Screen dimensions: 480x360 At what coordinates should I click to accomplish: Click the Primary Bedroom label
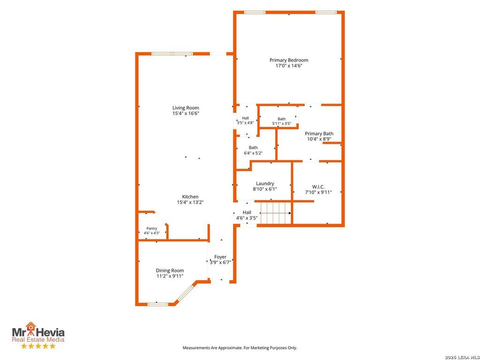pos(289,60)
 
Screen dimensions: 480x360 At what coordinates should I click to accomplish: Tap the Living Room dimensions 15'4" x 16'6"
pos(186,113)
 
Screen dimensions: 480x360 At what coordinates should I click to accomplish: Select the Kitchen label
pos(190,196)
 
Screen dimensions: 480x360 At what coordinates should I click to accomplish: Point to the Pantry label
pos(151,228)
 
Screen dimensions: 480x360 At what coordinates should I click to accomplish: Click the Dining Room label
pos(170,270)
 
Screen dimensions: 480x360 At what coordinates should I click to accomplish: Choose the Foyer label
pos(220,257)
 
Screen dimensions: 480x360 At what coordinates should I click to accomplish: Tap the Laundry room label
pos(265,183)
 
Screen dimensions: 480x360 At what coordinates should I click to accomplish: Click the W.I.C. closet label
pos(318,187)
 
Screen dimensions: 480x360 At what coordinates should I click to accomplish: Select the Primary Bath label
pos(319,134)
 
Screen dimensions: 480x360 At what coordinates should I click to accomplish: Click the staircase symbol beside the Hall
pos(276,213)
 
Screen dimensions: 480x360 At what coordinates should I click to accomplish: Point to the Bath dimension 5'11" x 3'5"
pos(282,124)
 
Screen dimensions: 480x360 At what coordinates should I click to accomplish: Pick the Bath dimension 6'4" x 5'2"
pos(253,153)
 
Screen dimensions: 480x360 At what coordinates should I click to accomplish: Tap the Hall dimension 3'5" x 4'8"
pos(245,123)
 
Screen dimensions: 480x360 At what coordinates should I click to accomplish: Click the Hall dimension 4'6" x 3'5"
pos(247,218)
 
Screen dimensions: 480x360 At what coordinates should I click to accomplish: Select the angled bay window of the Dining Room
pos(185,293)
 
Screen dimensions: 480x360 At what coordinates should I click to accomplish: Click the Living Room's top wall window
pos(172,54)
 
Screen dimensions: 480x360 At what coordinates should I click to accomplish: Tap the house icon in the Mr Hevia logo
pos(30,327)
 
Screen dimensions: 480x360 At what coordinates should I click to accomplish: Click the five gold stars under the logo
pos(38,346)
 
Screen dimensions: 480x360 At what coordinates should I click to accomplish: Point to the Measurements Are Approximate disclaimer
pos(240,348)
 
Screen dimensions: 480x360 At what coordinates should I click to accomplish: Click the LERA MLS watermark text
pos(462,357)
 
